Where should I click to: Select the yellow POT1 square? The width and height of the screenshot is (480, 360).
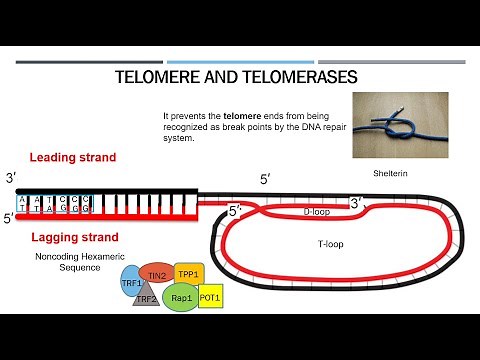pyautogui.click(x=209, y=297)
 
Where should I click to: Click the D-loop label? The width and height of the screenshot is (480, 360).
pyautogui.click(x=317, y=212)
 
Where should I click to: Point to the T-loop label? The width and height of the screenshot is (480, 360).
pyautogui.click(x=316, y=243)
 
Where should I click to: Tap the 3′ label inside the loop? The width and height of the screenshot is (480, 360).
pyautogui.click(x=355, y=203)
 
